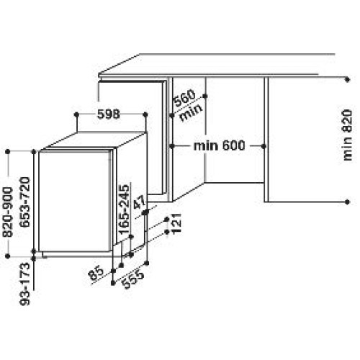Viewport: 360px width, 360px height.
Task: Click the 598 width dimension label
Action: coord(109,114)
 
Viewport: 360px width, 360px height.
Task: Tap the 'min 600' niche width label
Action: coord(219,145)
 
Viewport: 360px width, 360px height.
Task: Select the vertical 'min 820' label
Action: coord(347,135)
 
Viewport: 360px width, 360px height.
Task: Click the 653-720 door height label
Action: coord(24,202)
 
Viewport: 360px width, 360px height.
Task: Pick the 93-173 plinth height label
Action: coord(24,284)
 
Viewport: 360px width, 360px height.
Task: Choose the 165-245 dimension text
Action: coord(124,210)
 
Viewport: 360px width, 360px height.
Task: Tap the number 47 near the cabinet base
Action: coord(140,202)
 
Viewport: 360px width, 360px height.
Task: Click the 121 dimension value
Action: coord(176,223)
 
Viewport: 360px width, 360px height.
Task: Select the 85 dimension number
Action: coord(96,274)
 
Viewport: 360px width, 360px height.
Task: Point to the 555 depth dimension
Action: coord(132,280)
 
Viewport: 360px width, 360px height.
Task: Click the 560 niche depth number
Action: coord(184,98)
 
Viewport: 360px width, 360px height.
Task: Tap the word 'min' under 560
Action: coord(191,112)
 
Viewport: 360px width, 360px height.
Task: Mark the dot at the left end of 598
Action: coord(76,114)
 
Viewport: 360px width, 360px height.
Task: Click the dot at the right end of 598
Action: coord(145,114)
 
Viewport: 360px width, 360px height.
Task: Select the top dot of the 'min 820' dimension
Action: coord(347,79)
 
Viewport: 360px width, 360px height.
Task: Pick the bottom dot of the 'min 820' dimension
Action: coord(347,202)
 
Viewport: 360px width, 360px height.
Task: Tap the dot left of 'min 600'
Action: coord(172,145)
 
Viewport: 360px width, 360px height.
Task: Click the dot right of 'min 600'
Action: coord(264,145)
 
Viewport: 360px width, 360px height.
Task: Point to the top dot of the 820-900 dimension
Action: coord(7,151)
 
